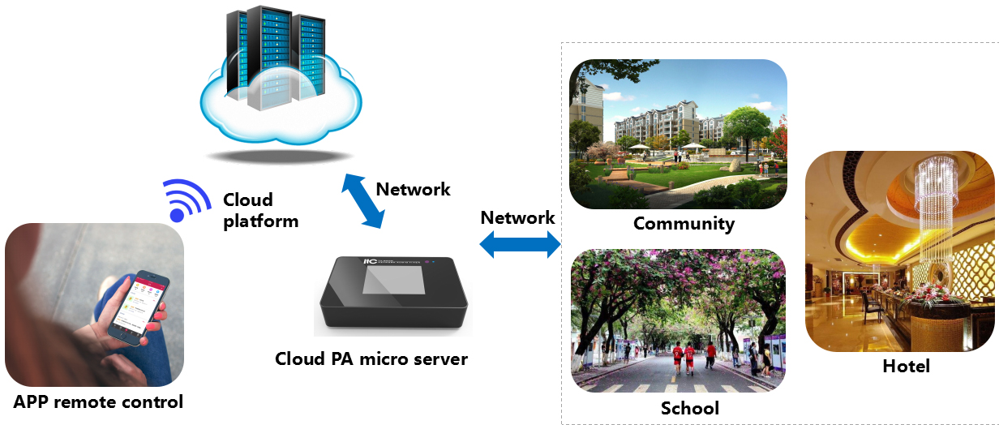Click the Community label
pos(684,223)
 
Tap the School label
pos(689,407)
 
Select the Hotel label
pos(906,367)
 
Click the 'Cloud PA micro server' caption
pos(371,358)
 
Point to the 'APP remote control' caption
pos(98,401)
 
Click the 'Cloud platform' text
pos(260,210)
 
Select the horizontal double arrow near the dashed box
pos(520,243)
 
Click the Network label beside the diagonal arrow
pos(413,189)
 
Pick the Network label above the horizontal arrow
pos(517,217)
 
